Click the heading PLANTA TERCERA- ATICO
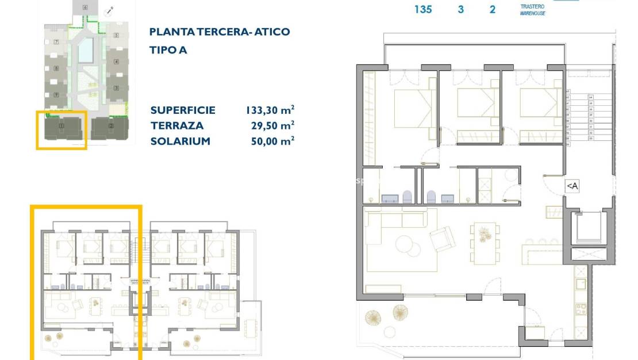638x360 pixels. coord(219,32)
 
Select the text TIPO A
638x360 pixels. coord(168,50)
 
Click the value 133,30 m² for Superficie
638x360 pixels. coord(270,110)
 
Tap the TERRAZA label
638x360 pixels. coord(177,125)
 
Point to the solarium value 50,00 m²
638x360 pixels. coord(270,141)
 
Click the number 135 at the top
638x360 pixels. coord(422,9)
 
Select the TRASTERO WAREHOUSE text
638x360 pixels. coord(532,9)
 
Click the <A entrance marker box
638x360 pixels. coord(572,186)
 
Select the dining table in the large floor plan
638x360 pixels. coord(483,243)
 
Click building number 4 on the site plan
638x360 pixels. coord(116,61)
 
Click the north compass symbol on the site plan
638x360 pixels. coord(109,10)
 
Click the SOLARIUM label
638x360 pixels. coord(180,141)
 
